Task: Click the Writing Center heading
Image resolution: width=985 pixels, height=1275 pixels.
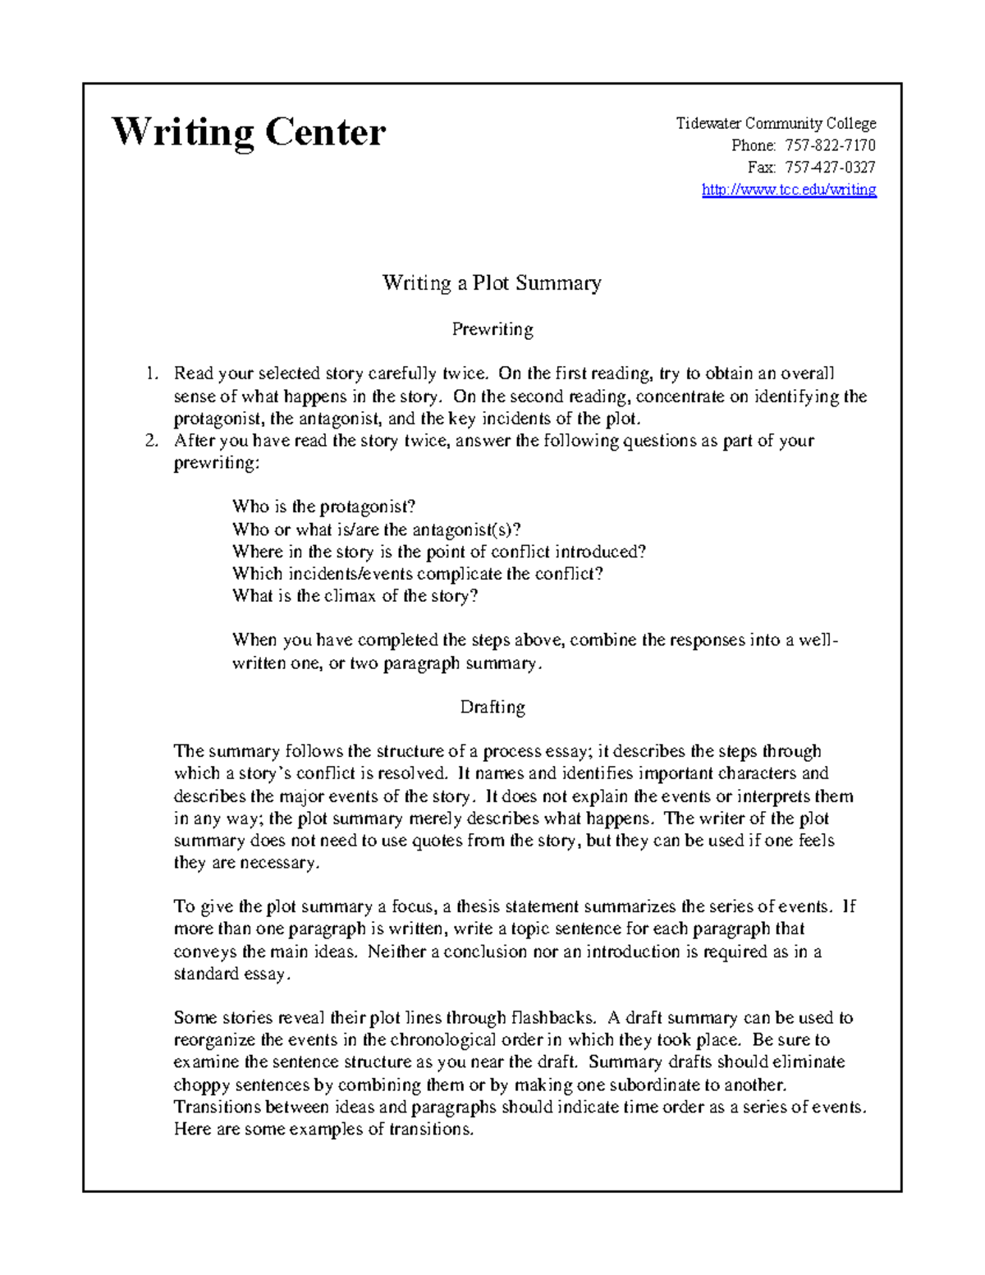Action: (248, 132)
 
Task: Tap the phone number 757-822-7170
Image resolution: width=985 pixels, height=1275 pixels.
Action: (830, 145)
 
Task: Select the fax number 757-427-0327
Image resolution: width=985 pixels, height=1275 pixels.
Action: (830, 167)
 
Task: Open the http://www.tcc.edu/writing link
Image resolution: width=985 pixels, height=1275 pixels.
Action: (789, 190)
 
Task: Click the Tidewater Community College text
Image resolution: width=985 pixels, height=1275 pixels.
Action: (776, 123)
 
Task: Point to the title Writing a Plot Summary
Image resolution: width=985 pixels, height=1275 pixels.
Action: (492, 283)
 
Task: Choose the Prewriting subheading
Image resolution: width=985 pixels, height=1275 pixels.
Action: (492, 329)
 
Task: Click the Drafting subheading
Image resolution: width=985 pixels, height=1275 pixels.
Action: (492, 707)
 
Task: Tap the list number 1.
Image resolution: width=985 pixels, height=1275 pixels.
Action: (150, 374)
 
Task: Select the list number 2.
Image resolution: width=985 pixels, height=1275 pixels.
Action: (150, 441)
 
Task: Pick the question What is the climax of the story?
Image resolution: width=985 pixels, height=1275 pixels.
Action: (355, 596)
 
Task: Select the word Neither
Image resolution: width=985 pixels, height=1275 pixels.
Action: (396, 952)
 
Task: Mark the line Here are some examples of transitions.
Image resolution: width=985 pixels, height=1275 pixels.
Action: (324, 1130)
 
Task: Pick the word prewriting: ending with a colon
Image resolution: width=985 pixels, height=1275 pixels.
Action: (216, 463)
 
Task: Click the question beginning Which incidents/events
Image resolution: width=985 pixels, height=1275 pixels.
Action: (418, 574)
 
